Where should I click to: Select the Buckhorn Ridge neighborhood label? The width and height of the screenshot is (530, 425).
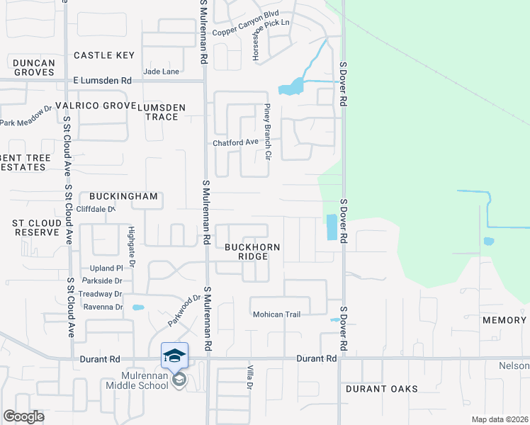(x=252, y=251)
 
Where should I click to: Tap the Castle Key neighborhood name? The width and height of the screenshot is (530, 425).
(x=104, y=55)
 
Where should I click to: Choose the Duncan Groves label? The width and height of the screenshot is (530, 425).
(x=33, y=67)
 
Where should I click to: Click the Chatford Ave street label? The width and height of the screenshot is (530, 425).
(x=236, y=142)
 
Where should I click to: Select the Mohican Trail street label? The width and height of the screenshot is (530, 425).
(x=277, y=314)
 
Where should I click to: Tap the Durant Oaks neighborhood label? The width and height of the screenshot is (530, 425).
(x=382, y=389)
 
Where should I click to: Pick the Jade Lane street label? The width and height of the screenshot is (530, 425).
(x=161, y=72)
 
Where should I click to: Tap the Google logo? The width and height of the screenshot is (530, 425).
(x=24, y=416)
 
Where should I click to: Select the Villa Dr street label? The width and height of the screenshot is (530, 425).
(x=249, y=376)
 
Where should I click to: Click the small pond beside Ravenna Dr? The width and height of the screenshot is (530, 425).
(x=138, y=307)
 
